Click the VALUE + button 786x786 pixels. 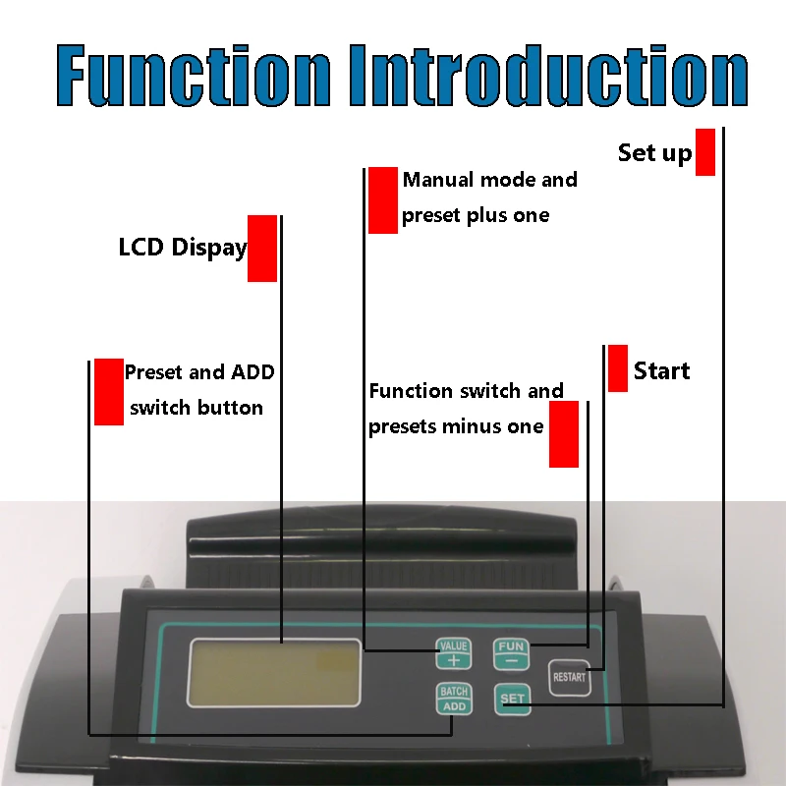[x=454, y=653]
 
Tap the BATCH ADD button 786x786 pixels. [x=454, y=699]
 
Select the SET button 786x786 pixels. [x=512, y=699]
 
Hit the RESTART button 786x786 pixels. [x=570, y=678]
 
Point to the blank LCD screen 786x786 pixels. [x=274, y=673]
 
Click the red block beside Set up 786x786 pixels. [x=705, y=152]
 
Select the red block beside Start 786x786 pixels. [x=618, y=368]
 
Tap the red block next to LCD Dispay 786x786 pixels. [x=262, y=249]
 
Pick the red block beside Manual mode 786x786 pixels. [x=383, y=200]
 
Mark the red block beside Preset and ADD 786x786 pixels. [x=109, y=392]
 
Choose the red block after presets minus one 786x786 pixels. [x=564, y=434]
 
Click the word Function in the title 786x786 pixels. [x=194, y=76]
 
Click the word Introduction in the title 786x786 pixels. [x=549, y=76]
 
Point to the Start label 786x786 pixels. [x=661, y=371]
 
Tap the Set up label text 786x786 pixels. [x=654, y=153]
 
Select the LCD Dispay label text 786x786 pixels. [x=183, y=248]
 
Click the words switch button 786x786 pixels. [x=196, y=408]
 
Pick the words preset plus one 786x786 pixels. [x=476, y=215]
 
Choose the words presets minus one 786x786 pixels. [x=456, y=426]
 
